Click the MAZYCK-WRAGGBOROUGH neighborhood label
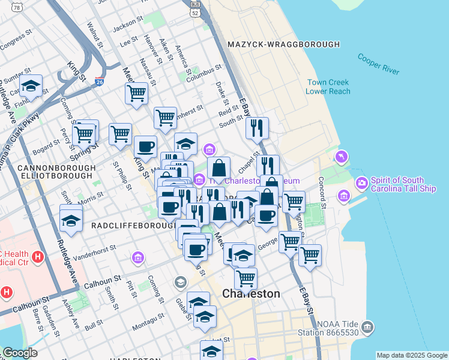coord(284,44)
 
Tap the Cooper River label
coord(378,64)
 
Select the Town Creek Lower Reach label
coord(327,87)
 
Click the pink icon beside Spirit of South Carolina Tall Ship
coord(362,182)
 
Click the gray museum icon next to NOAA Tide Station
coord(367,328)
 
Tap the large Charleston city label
coord(251,294)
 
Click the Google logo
coord(20,353)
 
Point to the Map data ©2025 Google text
coord(411,355)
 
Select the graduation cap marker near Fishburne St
coord(31,87)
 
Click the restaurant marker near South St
coord(257,128)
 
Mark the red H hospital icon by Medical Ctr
coord(38,257)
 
